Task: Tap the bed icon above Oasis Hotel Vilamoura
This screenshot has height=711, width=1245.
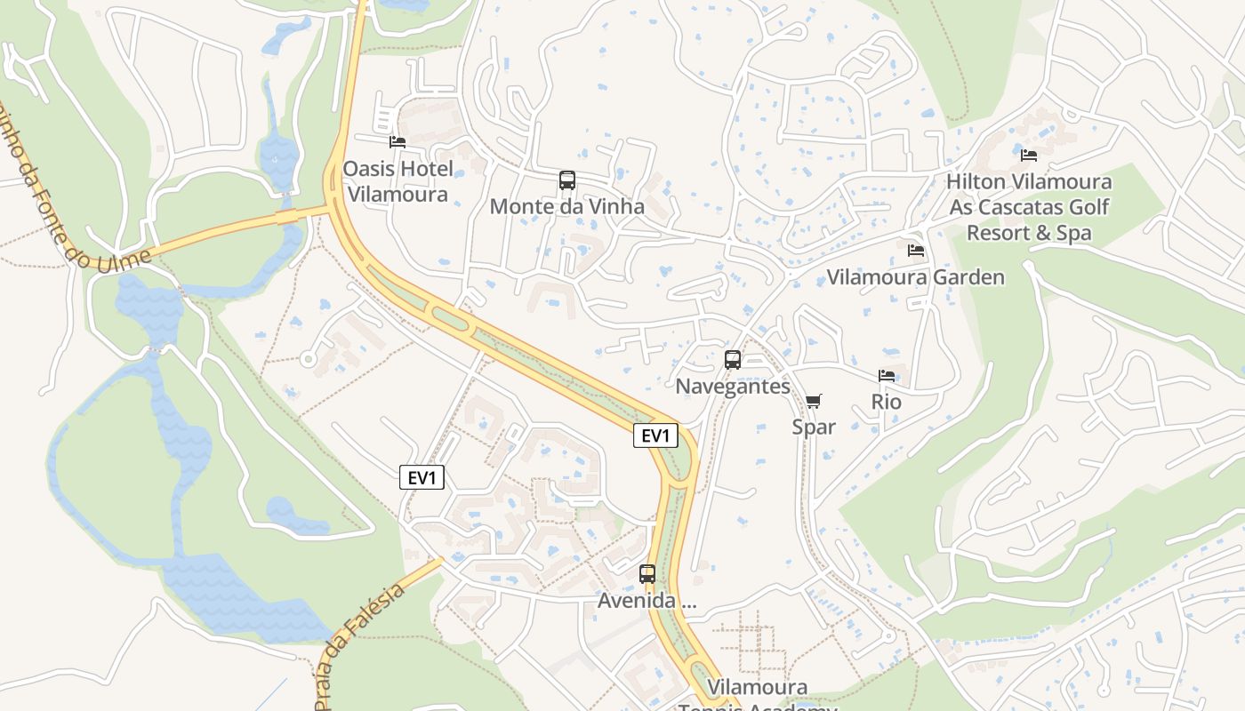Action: click(398, 141)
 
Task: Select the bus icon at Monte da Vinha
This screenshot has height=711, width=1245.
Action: click(567, 180)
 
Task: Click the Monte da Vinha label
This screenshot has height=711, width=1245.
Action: click(567, 207)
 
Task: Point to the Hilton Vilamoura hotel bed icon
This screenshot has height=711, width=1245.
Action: click(1029, 156)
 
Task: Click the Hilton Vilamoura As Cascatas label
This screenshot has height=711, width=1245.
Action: click(1029, 207)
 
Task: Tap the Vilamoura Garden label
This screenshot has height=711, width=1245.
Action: click(916, 277)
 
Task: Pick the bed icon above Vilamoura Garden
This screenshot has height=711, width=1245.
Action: click(916, 251)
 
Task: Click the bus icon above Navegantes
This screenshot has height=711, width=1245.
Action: click(733, 360)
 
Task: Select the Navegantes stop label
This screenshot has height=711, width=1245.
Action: click(733, 387)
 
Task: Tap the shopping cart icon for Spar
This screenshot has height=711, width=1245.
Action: click(814, 401)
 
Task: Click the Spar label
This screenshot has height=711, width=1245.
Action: click(814, 427)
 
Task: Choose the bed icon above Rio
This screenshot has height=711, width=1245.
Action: click(887, 376)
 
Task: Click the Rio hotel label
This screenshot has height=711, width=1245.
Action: click(887, 402)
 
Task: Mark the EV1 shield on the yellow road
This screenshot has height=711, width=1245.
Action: click(656, 435)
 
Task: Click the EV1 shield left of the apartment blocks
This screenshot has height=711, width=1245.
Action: click(422, 478)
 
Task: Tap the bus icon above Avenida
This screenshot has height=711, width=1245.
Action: click(647, 574)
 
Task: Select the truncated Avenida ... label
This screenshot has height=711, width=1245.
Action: click(647, 601)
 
